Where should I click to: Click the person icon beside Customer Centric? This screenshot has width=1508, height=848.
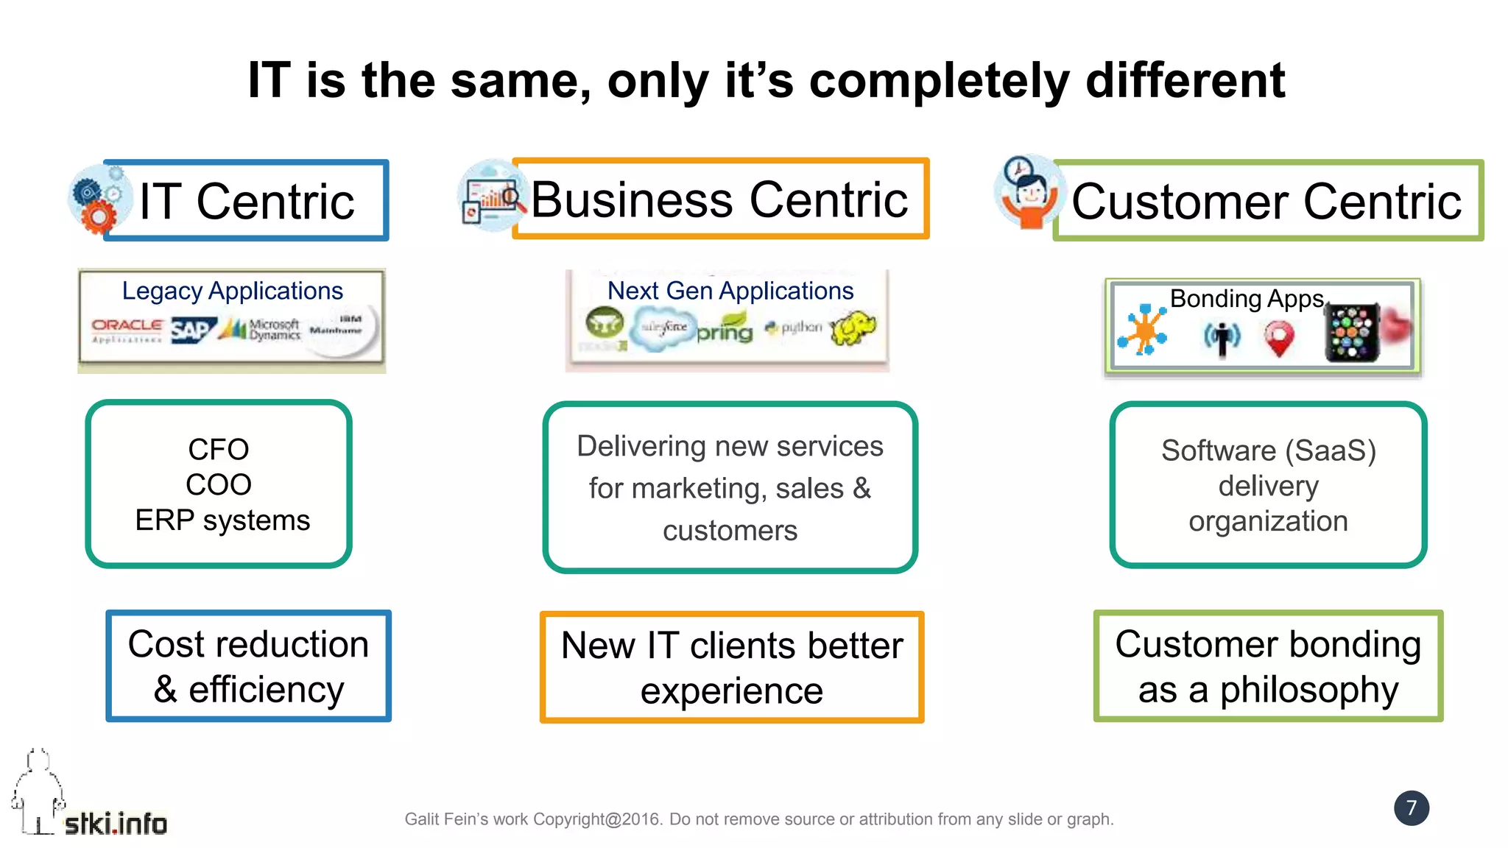click(1028, 194)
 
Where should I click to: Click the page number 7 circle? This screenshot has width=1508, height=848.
click(1411, 808)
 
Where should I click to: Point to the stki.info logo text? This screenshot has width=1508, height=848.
click(116, 823)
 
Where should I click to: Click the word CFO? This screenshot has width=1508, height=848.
click(218, 449)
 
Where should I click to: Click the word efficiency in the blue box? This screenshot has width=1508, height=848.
click(266, 690)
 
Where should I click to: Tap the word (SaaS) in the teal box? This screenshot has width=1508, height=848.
click(1334, 451)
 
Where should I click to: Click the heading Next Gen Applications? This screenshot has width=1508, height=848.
click(730, 291)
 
